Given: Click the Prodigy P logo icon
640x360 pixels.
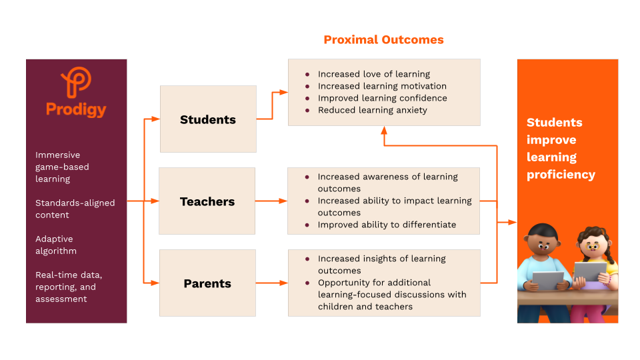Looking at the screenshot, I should click(x=76, y=82).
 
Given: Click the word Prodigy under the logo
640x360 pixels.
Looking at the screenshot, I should click(x=76, y=109).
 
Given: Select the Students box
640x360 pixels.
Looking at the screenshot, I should click(x=208, y=119).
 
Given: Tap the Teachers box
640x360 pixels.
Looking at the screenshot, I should click(x=207, y=201).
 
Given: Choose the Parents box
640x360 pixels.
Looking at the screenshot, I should click(x=207, y=283).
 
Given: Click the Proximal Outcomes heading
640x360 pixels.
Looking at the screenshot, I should click(x=383, y=40).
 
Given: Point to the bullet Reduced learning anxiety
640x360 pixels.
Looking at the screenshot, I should click(x=372, y=110).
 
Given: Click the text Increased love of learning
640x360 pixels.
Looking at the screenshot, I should click(x=373, y=74).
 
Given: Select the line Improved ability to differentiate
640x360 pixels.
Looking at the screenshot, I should click(x=387, y=225).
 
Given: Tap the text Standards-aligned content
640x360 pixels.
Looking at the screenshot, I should click(x=75, y=209).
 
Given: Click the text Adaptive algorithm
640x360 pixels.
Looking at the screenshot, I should click(x=56, y=245).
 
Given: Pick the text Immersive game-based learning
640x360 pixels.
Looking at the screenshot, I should click(x=62, y=167).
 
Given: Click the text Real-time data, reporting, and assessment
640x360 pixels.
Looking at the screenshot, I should click(x=69, y=287).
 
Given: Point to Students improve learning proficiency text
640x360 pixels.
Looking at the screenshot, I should click(x=561, y=149).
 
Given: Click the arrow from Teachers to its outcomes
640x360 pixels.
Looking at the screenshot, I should click(x=271, y=201).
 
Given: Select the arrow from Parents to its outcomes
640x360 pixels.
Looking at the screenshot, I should click(x=271, y=283).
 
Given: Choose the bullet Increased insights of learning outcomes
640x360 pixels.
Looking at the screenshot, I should click(x=381, y=265).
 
